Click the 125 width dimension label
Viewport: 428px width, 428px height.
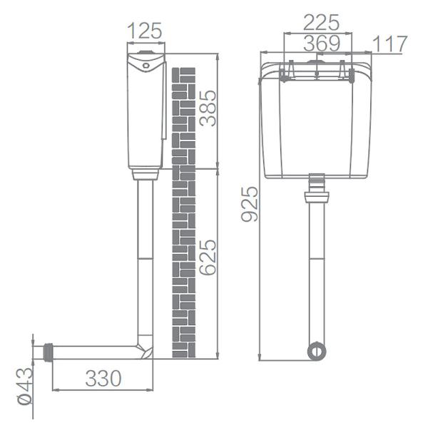[x=145, y=31]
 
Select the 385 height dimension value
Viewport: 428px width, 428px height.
[x=207, y=108]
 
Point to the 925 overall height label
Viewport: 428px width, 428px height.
[x=249, y=205]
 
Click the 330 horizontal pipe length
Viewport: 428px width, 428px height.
[x=103, y=378]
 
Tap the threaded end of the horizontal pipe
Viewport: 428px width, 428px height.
[x=49, y=352]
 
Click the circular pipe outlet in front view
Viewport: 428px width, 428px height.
[x=315, y=351]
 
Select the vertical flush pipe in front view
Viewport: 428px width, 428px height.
[x=315, y=271]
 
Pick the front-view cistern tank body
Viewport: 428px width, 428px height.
[x=315, y=121]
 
